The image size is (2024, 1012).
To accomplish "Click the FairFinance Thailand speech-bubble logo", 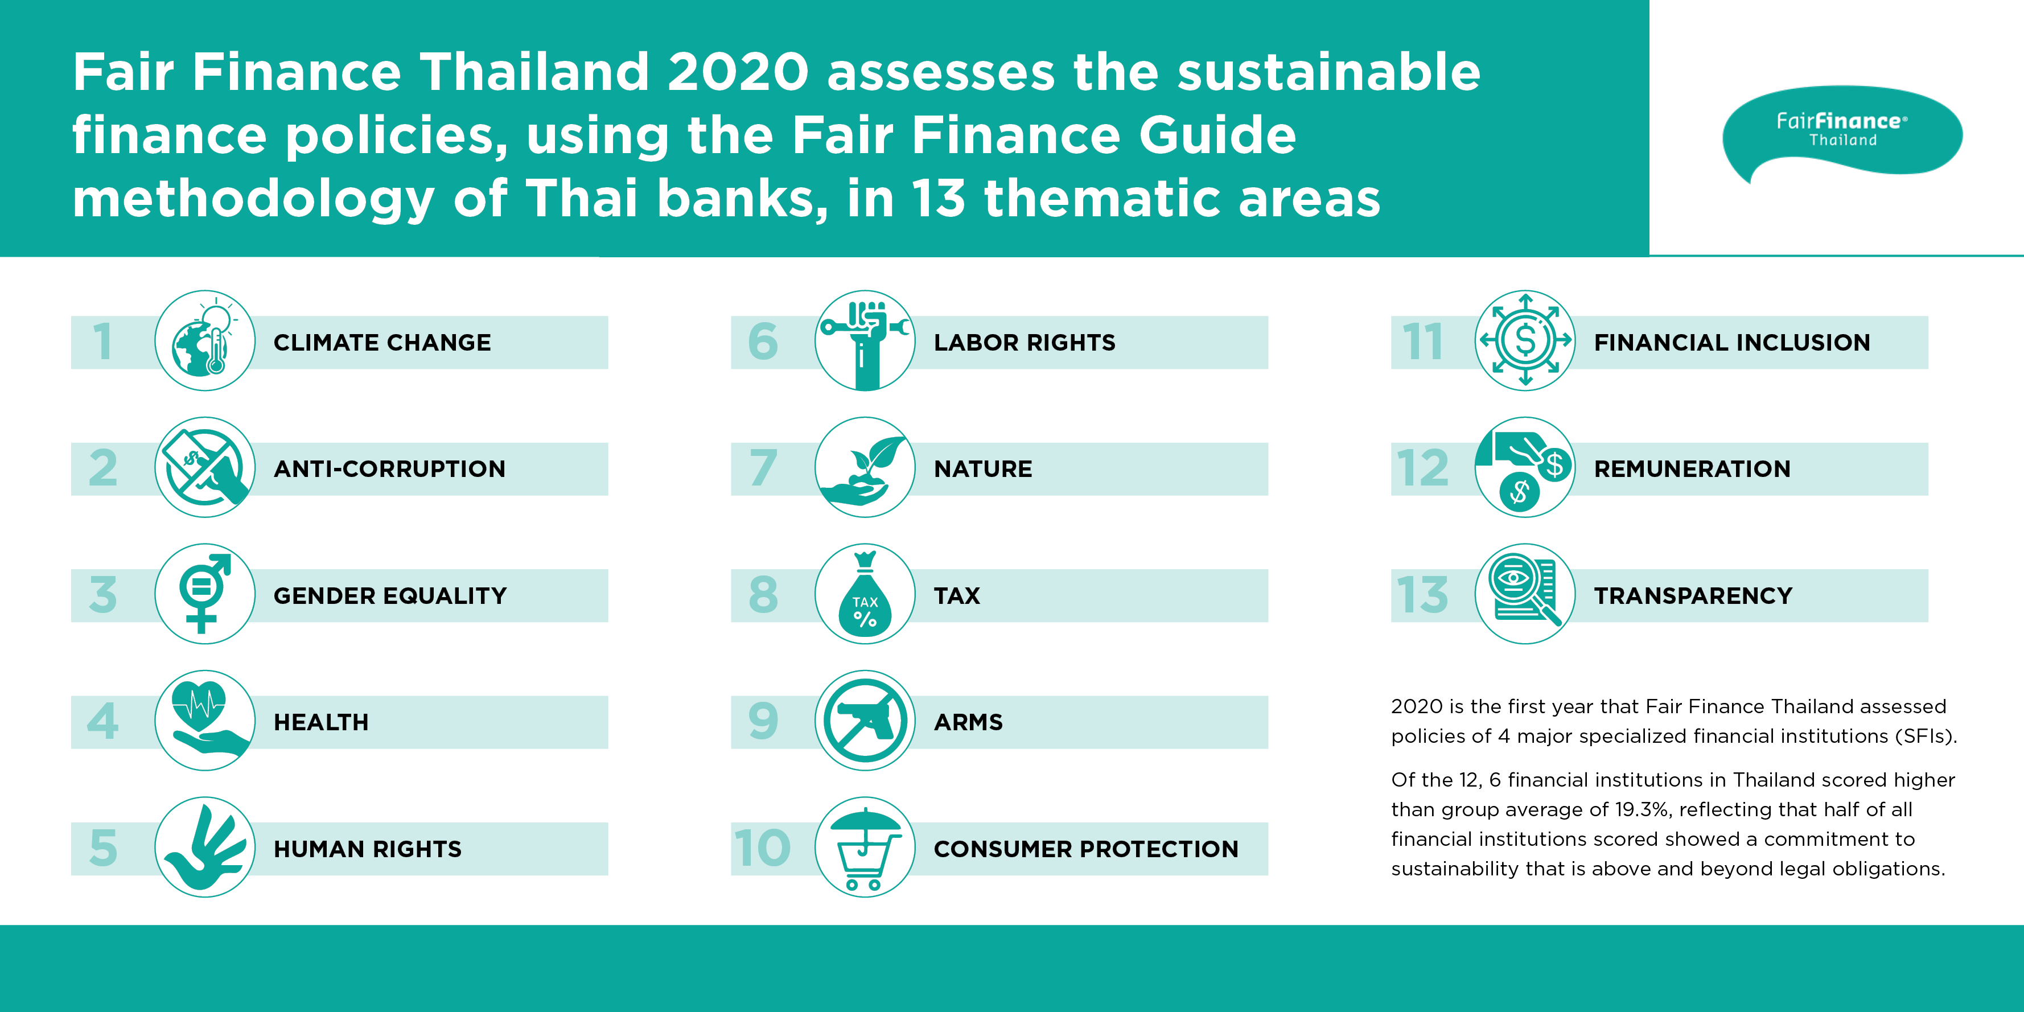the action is [x=1842, y=132].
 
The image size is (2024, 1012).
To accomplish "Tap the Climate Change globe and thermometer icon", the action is [x=205, y=340].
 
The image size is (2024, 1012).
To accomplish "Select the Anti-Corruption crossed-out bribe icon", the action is [x=205, y=467].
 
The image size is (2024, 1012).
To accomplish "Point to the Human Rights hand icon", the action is [x=205, y=847].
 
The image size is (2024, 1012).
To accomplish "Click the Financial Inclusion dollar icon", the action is [x=1525, y=340].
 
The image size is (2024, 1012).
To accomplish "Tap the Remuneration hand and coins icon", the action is [x=1525, y=467].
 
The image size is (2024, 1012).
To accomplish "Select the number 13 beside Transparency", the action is [x=1422, y=595].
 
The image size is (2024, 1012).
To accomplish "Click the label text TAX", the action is [x=957, y=595].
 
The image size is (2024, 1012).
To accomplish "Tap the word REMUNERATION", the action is [x=1692, y=469].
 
